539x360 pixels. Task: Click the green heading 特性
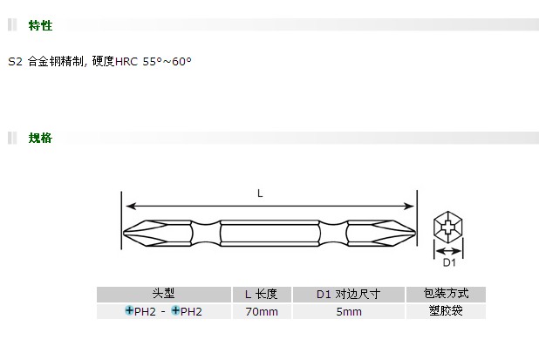tap(40, 25)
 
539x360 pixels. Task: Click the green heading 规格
tap(40, 138)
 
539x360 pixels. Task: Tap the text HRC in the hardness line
tap(126, 62)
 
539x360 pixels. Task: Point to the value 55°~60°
tap(167, 62)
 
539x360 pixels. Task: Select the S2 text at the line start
tap(15, 62)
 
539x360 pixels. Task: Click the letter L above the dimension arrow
tap(260, 194)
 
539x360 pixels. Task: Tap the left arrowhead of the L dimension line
tap(131, 206)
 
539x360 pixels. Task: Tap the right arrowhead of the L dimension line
tap(409, 206)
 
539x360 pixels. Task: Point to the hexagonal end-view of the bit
tap(448, 227)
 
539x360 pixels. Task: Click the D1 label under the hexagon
tap(449, 262)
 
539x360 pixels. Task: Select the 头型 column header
tap(164, 294)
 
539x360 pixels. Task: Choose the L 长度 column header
tap(262, 294)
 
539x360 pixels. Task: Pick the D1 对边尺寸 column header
tap(349, 294)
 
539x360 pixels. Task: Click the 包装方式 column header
tap(447, 294)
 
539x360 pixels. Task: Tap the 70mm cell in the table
tap(262, 312)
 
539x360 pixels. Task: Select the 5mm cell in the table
tap(349, 312)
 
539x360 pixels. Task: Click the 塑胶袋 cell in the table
tap(446, 311)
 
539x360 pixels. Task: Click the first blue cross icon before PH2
tap(129, 310)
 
